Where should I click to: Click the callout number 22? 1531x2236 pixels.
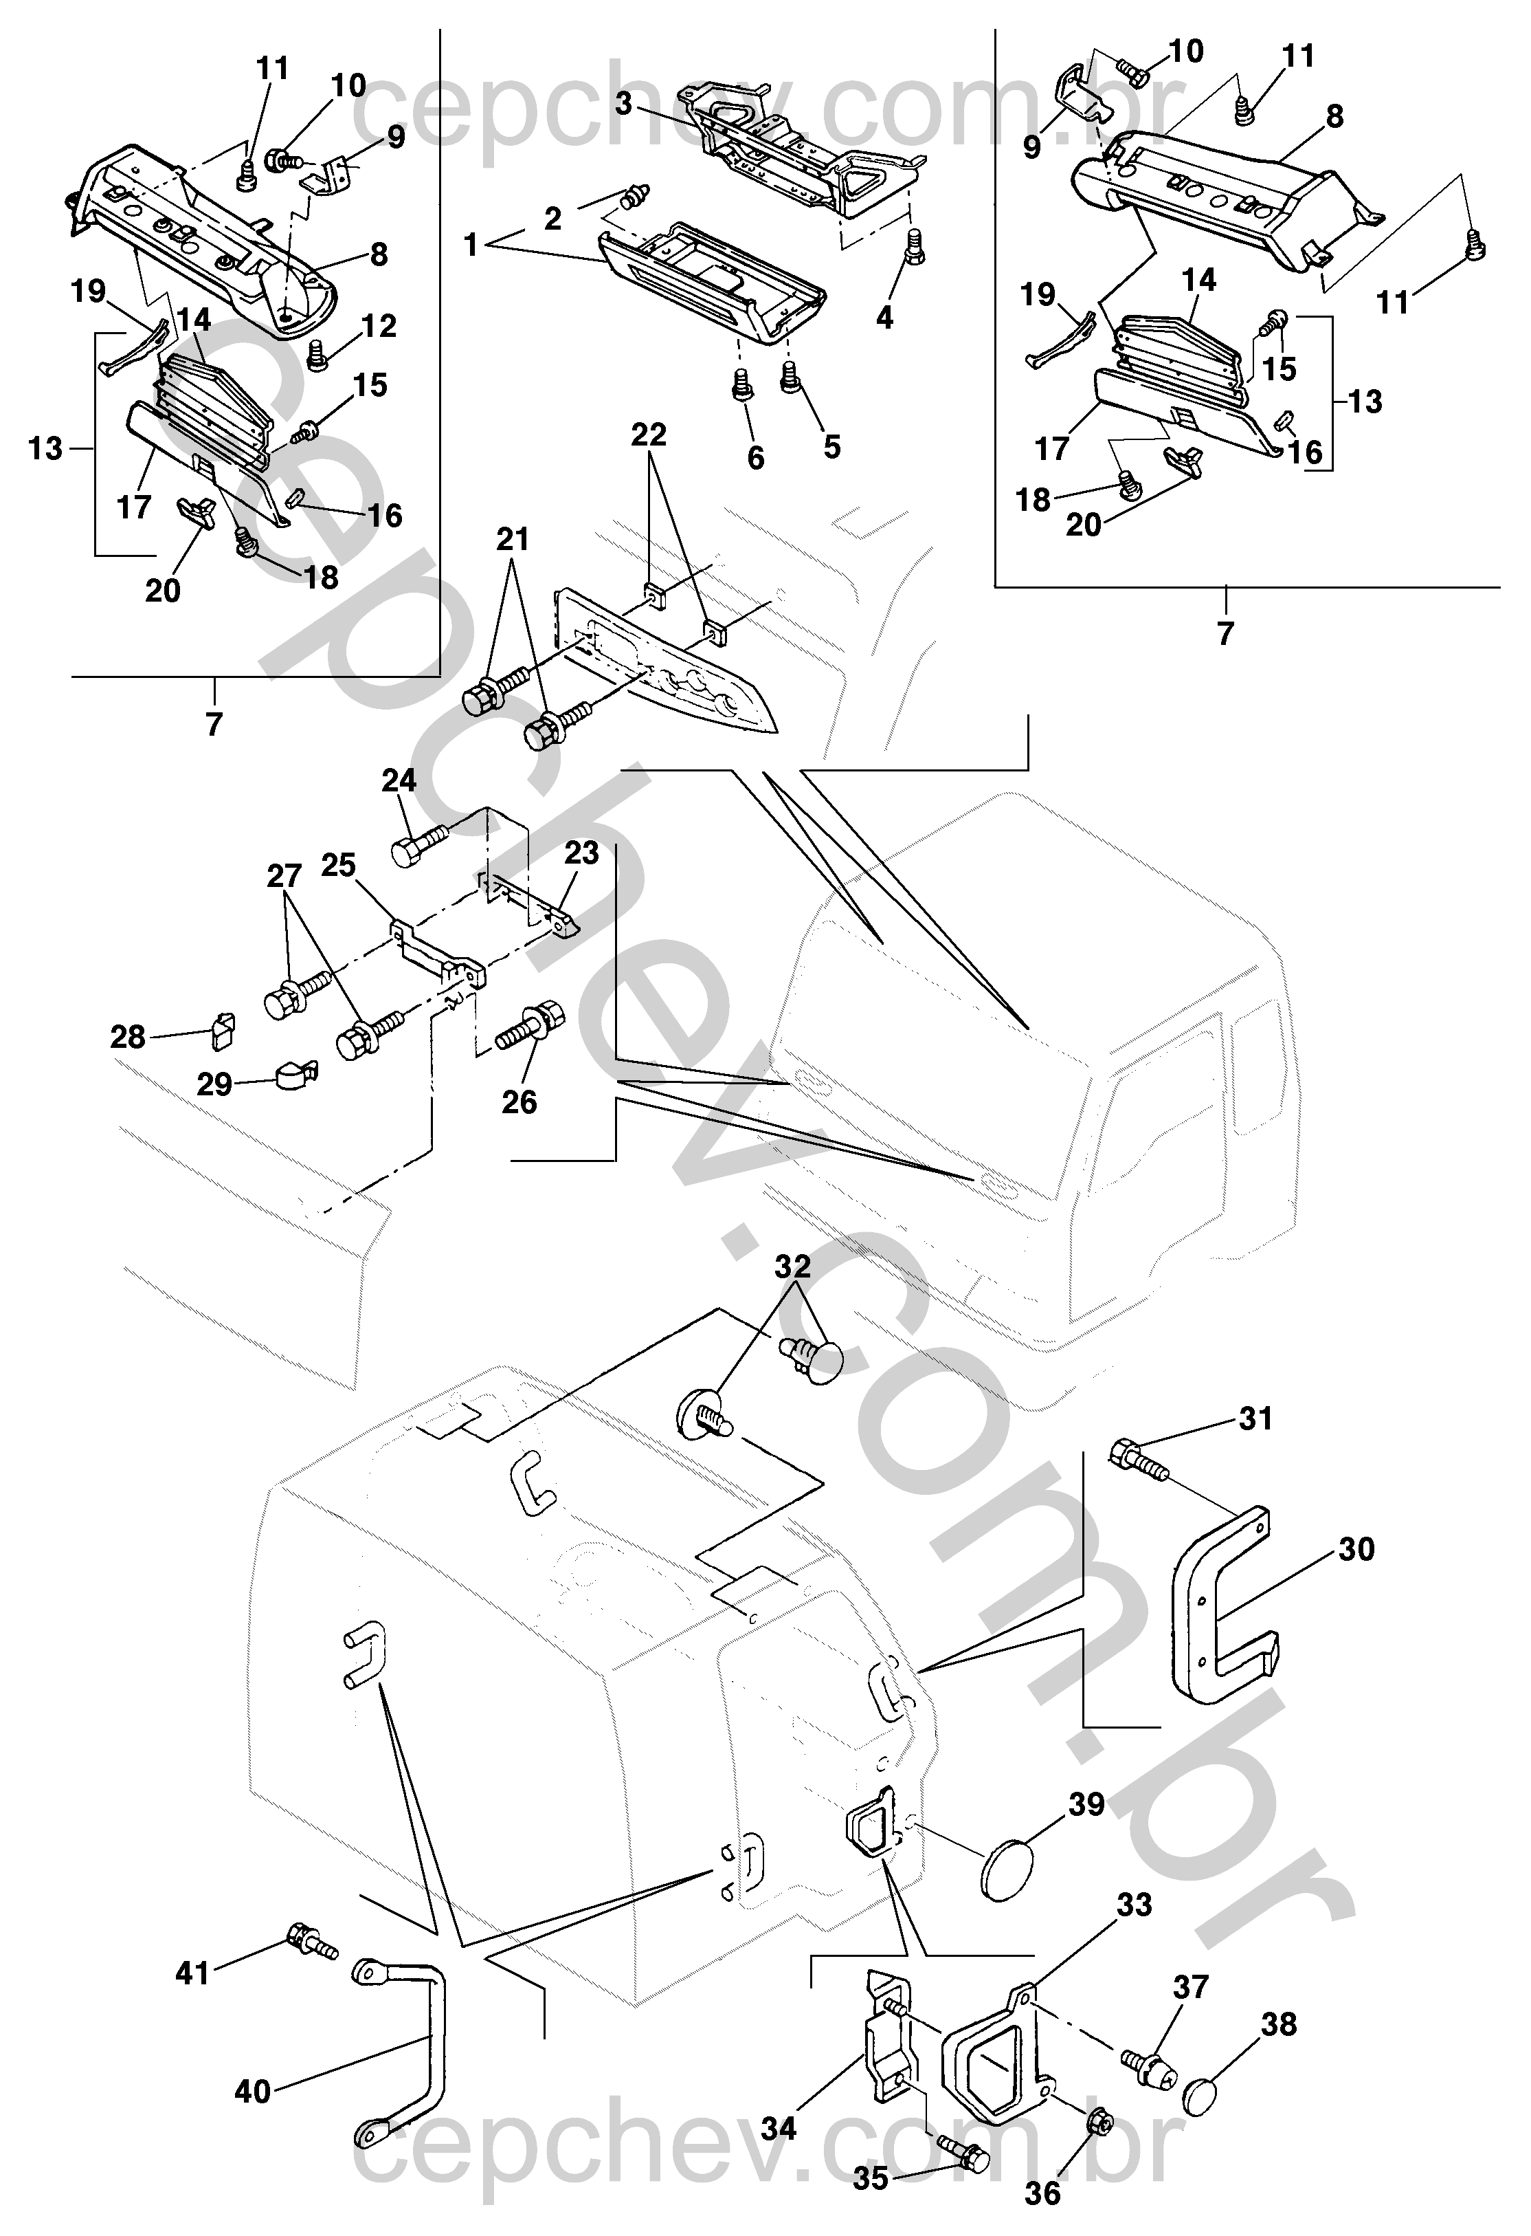point(649,435)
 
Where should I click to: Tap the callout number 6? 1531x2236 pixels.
point(756,458)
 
